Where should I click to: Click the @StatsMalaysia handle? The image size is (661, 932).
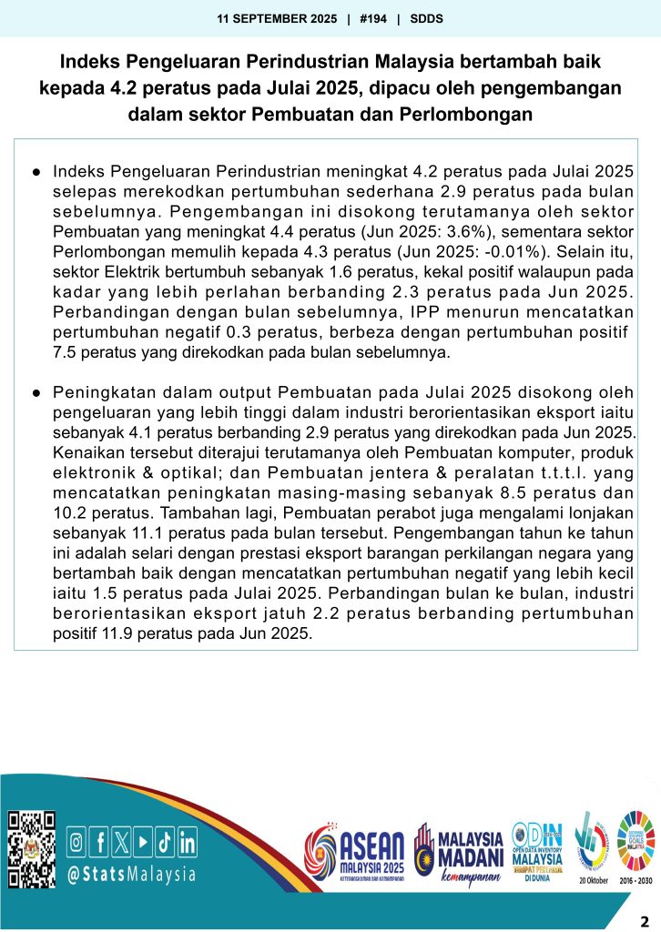(x=132, y=875)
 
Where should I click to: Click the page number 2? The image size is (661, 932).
(x=645, y=918)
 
